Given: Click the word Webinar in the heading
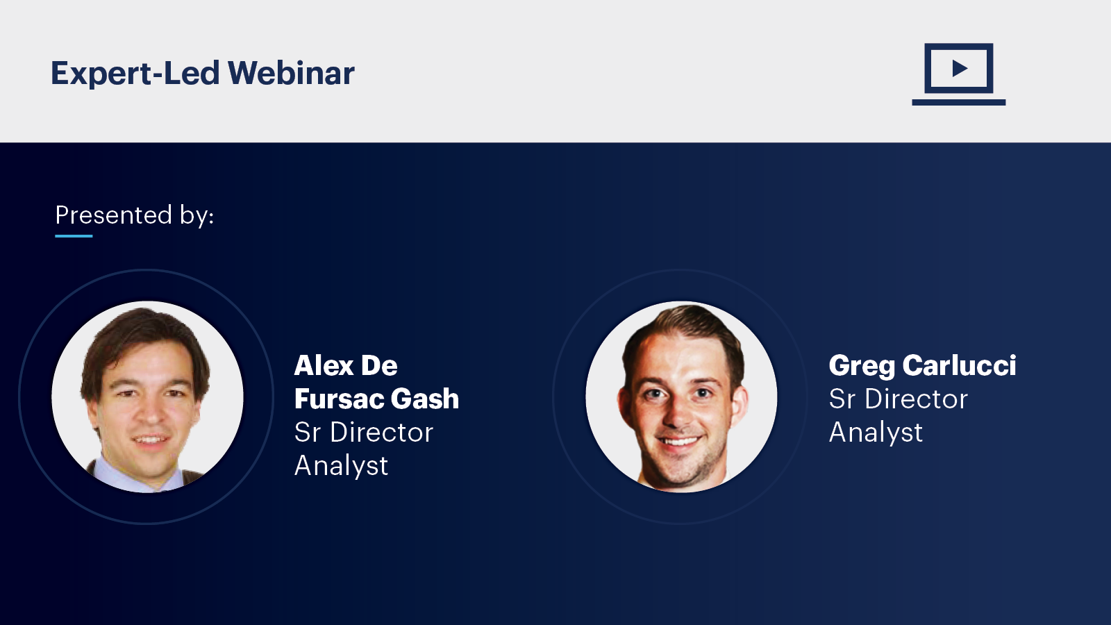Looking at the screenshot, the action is tap(291, 73).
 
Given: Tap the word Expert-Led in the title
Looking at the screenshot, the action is tap(135, 74).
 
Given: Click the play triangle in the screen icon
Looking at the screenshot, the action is tap(960, 69).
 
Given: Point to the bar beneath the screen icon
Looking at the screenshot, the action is tap(959, 102).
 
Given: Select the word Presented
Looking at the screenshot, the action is tap(114, 215).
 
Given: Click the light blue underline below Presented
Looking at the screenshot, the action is tap(74, 236).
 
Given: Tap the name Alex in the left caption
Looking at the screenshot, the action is tap(324, 365).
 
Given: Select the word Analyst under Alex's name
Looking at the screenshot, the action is tap(341, 466).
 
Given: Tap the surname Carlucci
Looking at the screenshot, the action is tap(959, 365).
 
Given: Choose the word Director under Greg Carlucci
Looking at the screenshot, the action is tap(916, 399).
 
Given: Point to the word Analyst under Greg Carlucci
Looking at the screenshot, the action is tap(876, 432).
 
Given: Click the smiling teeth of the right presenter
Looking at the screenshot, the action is tap(679, 441).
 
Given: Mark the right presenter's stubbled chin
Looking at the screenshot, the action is tap(682, 469).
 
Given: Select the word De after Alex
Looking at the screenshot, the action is tap(379, 365).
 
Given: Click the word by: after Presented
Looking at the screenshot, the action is tap(197, 216).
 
